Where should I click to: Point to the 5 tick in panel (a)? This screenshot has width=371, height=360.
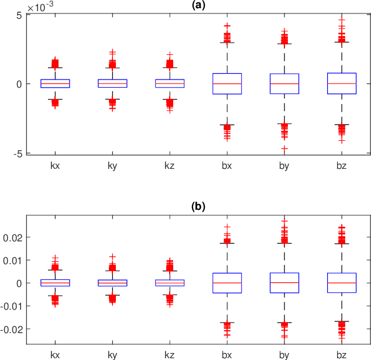tap(19, 15)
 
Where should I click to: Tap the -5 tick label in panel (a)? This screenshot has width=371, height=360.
tap(18, 153)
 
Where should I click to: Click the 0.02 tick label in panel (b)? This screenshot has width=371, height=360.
tap(13, 237)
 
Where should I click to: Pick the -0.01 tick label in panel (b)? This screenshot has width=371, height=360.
tap(11, 306)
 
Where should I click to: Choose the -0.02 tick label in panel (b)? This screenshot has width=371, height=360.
tap(11, 329)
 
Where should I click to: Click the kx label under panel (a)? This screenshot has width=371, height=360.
tap(55, 166)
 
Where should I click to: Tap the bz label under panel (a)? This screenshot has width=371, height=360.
tap(342, 166)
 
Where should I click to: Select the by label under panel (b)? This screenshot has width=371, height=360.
tap(284, 355)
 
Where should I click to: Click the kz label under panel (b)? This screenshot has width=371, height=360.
tap(170, 355)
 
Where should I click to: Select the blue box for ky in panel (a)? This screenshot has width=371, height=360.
tap(112, 84)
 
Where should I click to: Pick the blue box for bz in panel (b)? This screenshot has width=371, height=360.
tap(342, 283)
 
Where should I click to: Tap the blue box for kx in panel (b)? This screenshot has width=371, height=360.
tap(55, 283)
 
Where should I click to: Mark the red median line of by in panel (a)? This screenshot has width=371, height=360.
tap(284, 84)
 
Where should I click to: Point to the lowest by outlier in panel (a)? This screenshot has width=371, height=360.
tap(284, 149)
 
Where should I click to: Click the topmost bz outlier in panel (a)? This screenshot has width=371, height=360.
tap(342, 20)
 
